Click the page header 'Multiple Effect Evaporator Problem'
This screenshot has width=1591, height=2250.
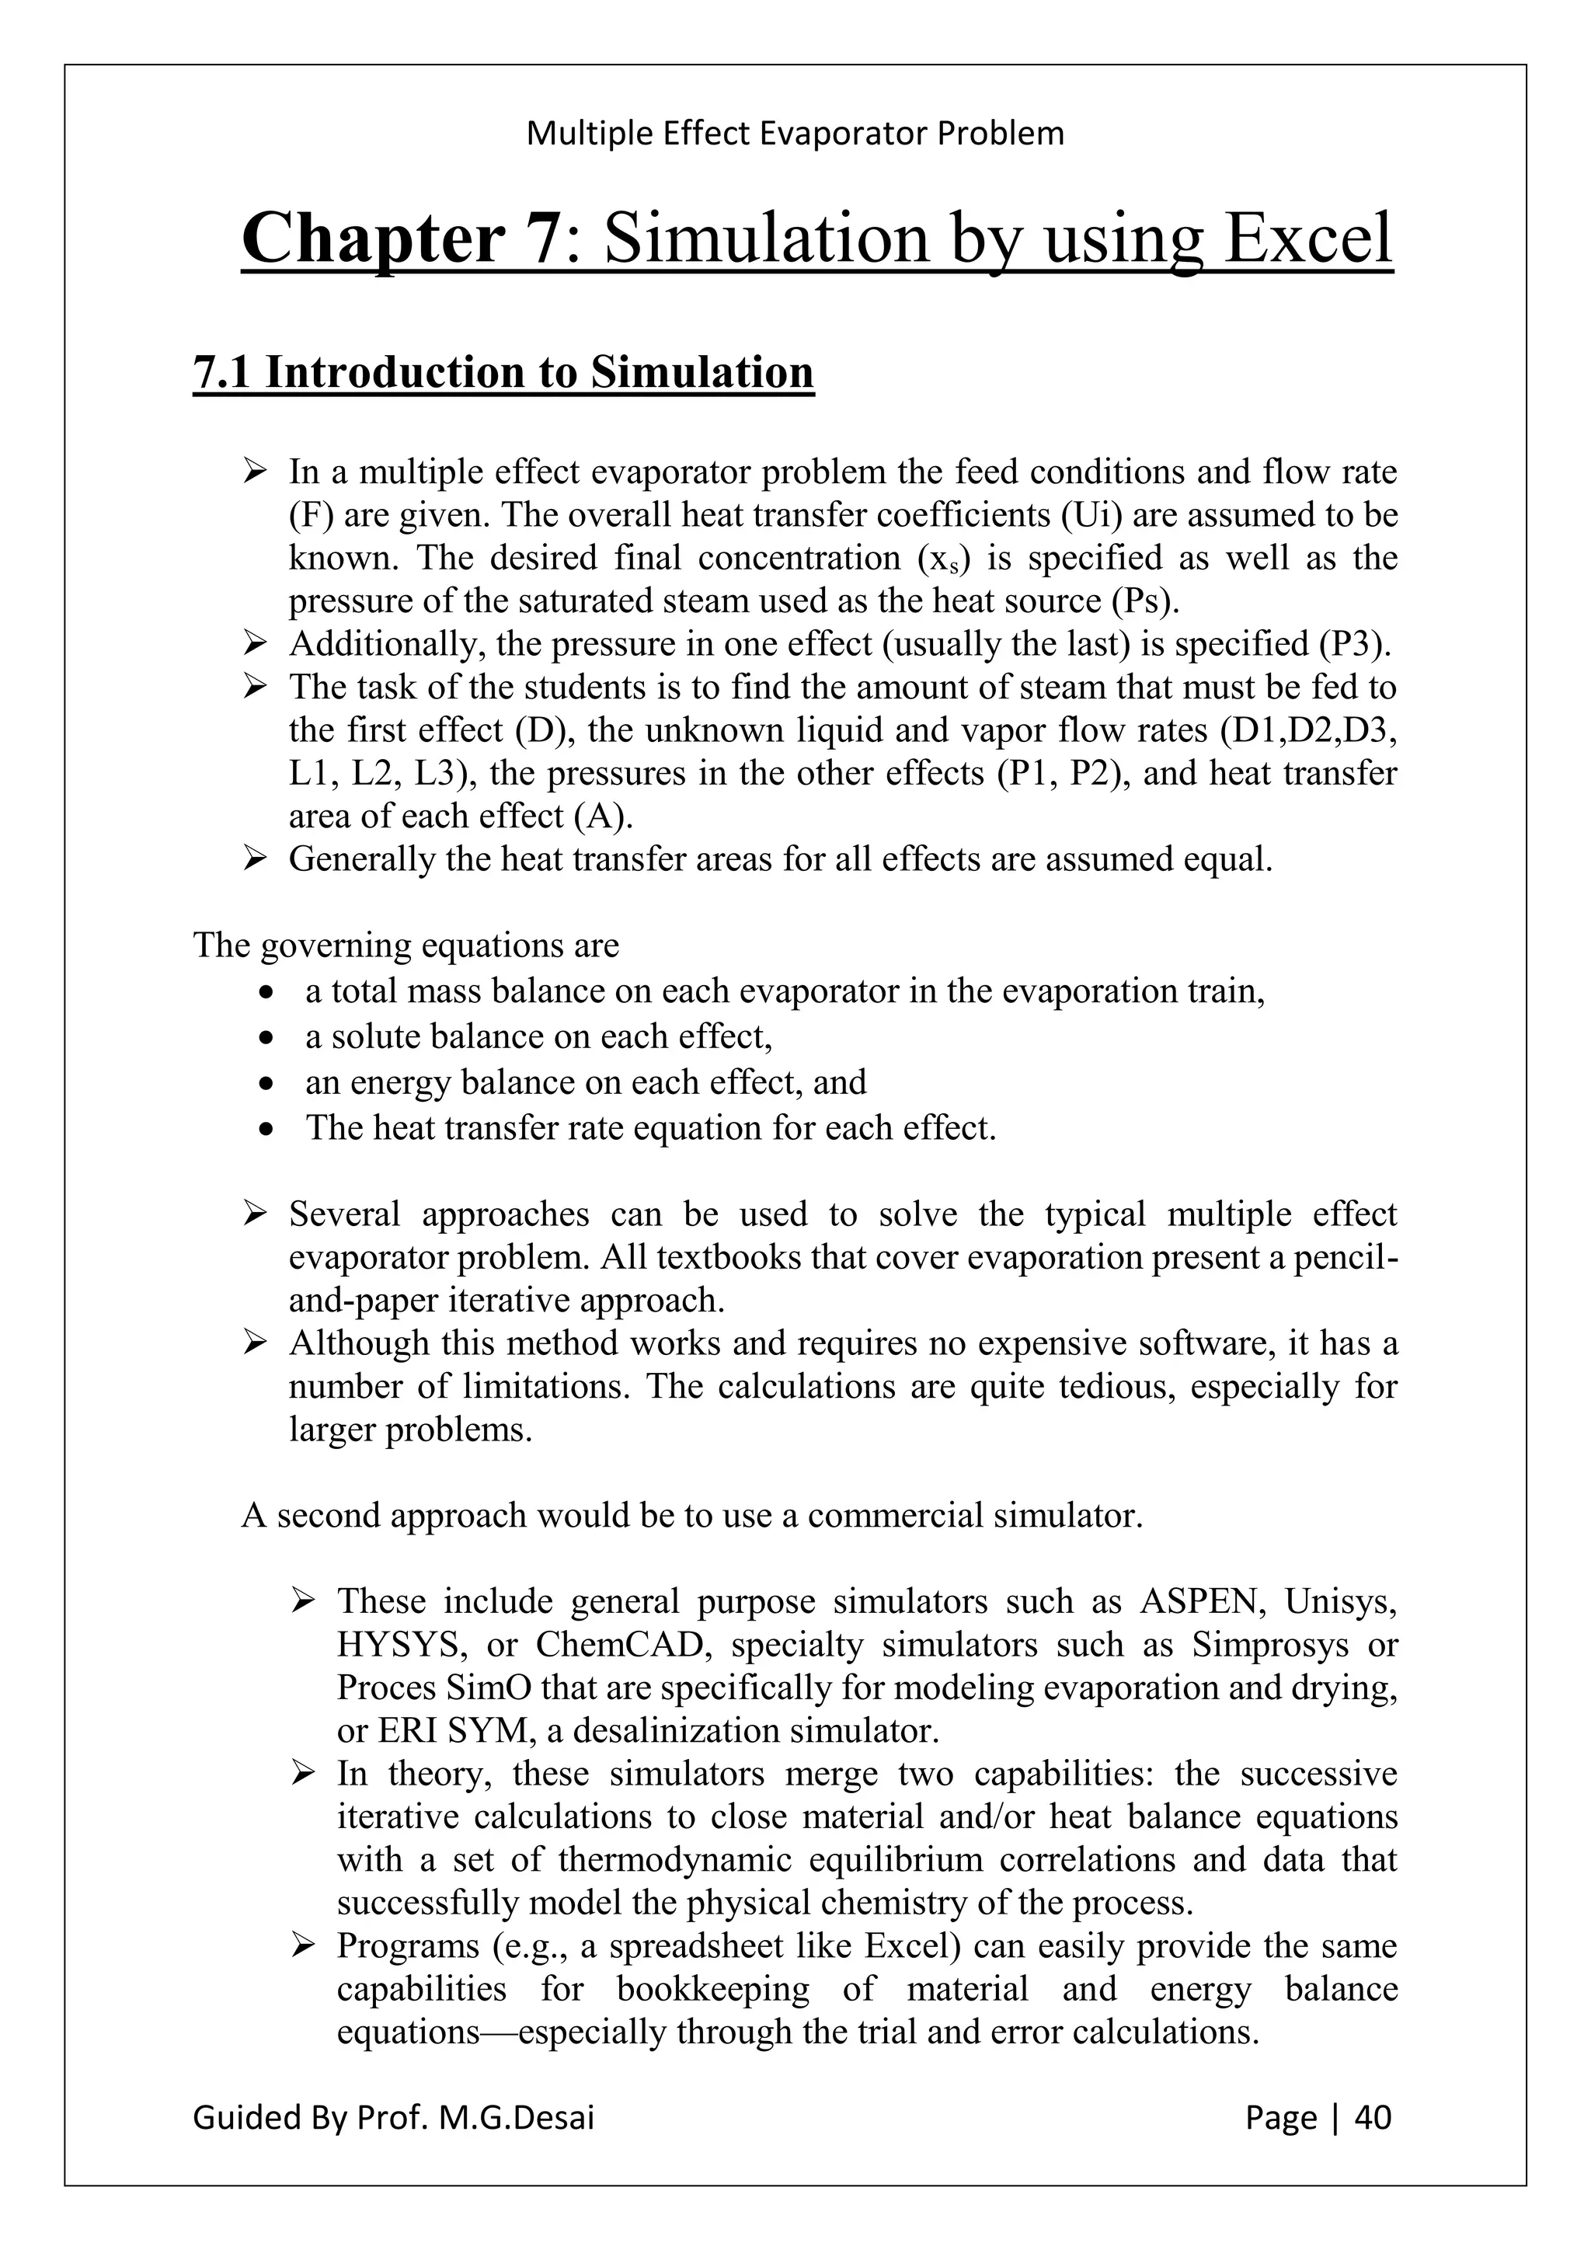(795, 134)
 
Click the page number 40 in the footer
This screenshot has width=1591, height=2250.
(1372, 2118)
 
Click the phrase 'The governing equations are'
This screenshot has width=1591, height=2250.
(406, 945)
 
